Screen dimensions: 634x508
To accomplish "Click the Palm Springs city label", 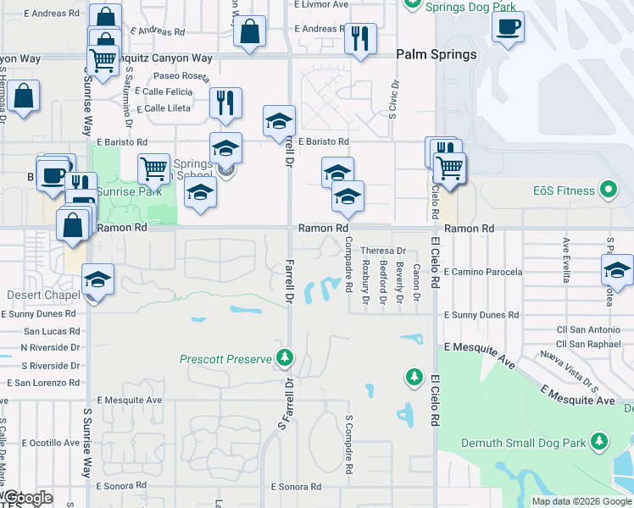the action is (437, 54).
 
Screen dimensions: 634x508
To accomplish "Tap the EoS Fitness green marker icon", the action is (608, 190).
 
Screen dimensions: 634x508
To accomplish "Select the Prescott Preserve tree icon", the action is (286, 358).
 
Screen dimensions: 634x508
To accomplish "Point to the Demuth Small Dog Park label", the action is (523, 443).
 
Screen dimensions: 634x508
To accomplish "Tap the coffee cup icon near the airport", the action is (508, 25).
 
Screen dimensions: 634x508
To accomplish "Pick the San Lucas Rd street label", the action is (52, 331).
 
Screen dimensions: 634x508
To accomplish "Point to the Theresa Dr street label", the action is (383, 251).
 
